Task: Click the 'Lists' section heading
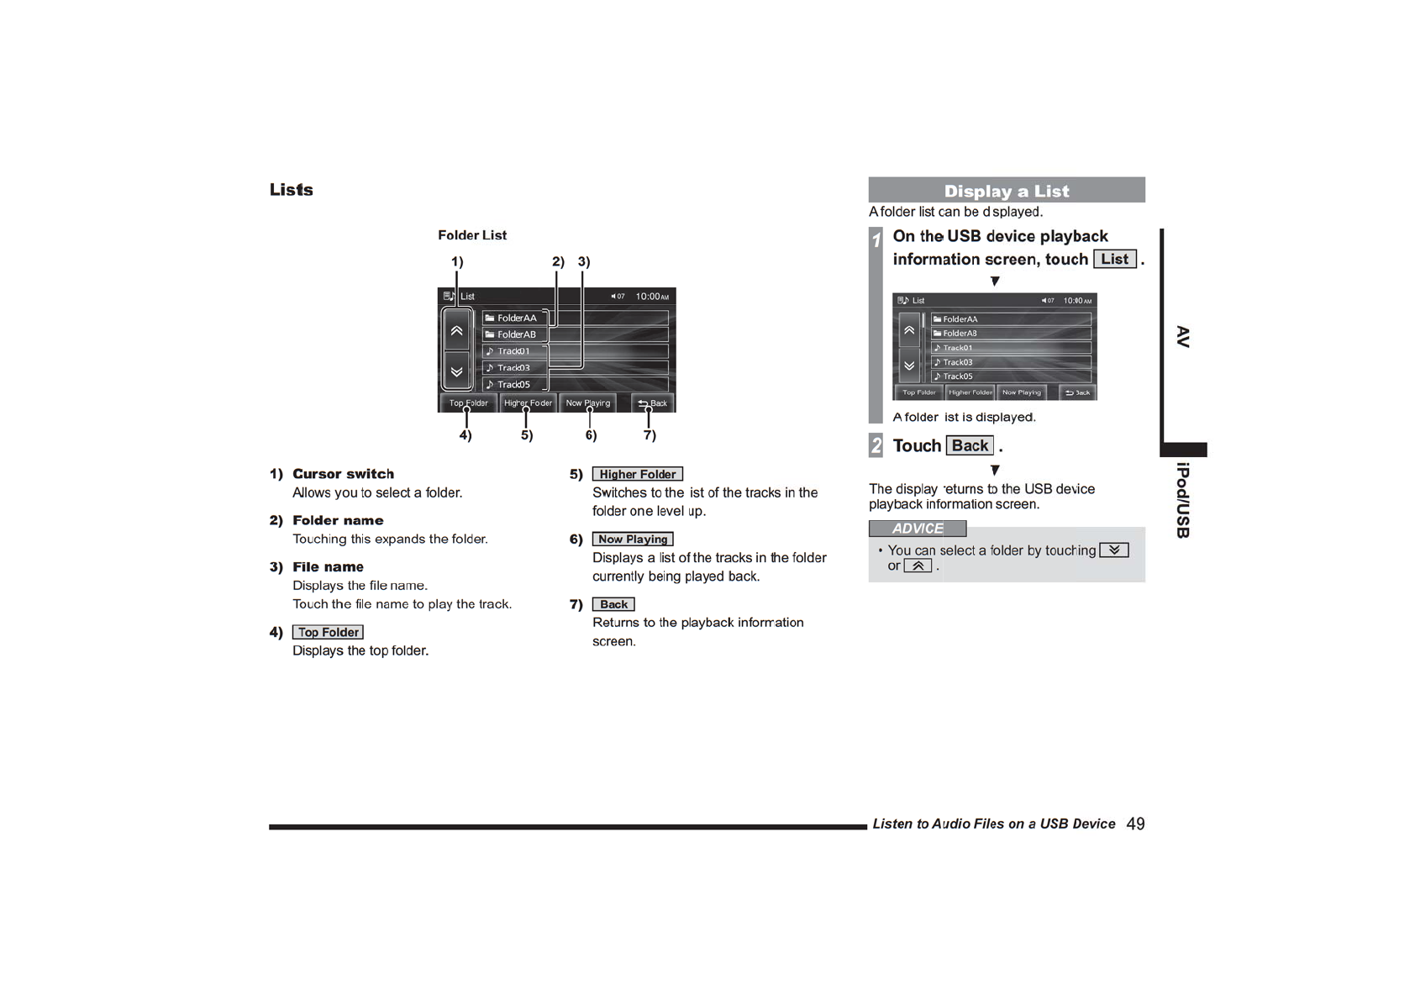pos(291,190)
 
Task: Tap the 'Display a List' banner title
pos(1006,191)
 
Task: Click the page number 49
pos(1135,824)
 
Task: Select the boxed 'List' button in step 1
pos(1114,259)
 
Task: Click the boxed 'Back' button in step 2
pos(970,445)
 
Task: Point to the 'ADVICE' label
pos(917,529)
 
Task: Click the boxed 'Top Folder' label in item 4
pos(328,632)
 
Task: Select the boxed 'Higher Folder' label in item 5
pos(637,474)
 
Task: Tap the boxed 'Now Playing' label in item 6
pos(633,539)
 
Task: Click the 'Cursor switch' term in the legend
pos(343,474)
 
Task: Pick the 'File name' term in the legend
pos(328,567)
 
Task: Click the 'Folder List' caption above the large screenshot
pos(472,235)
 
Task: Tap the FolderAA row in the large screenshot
pos(516,318)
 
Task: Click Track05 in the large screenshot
pos(513,384)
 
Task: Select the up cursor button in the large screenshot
pos(456,330)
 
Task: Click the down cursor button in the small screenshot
pos(909,366)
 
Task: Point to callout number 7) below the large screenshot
pos(650,434)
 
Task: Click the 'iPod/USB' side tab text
pos(1183,500)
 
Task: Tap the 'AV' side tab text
pos(1183,337)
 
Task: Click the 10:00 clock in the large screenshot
pos(652,297)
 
